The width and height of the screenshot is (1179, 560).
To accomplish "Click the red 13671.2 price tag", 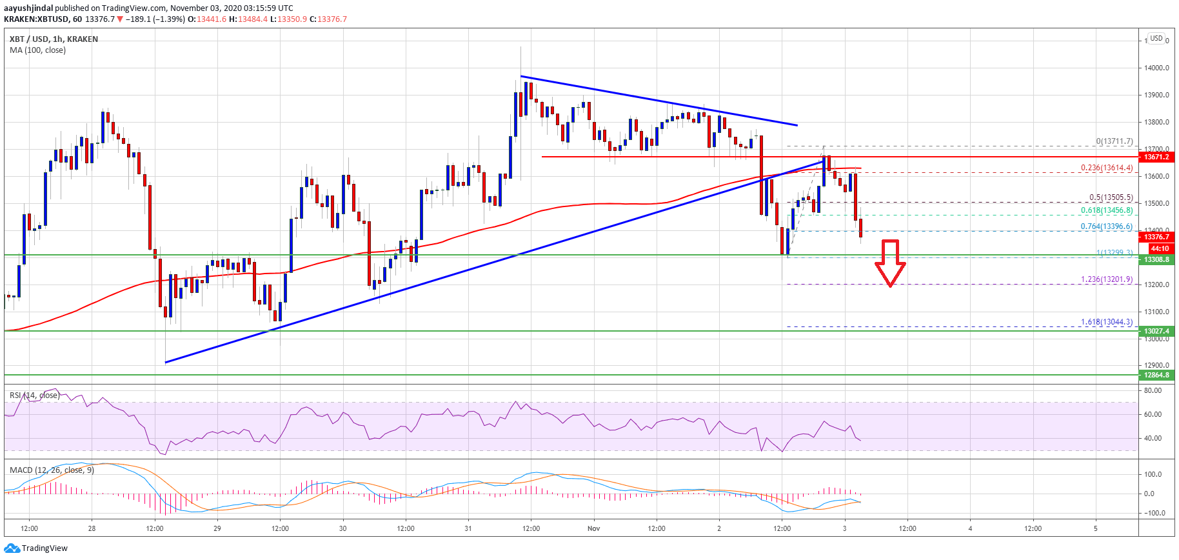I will [x=1156, y=157].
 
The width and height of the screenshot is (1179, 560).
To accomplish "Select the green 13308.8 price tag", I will [x=1156, y=259].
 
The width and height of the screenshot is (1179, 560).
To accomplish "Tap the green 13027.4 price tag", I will [x=1156, y=331].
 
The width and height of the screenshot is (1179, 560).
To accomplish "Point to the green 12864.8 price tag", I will [x=1156, y=375].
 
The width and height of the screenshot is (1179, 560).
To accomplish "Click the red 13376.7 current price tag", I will [x=1156, y=237].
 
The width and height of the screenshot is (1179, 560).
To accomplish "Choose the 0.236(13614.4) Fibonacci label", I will [x=1107, y=168].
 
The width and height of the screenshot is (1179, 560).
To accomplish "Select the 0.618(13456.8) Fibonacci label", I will [x=1107, y=210].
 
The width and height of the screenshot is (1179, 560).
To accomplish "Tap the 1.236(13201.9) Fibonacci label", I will [x=1107, y=279].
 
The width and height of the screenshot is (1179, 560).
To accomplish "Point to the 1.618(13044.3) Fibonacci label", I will [x=1107, y=322].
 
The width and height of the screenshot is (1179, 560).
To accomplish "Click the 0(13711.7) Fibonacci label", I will [x=1114, y=141].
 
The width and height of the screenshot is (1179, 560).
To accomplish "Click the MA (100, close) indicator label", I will [x=37, y=50].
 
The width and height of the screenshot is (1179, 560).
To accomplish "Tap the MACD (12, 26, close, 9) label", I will [x=52, y=470].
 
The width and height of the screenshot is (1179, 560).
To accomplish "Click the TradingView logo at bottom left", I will [x=36, y=548].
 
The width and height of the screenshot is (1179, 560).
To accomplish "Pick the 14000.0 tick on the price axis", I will [x=1156, y=68].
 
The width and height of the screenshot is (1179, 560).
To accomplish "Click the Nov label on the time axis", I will [x=593, y=528].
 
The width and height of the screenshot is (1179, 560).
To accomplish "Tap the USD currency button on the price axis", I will [x=1156, y=38].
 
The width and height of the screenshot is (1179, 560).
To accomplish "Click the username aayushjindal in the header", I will [x=28, y=8].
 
